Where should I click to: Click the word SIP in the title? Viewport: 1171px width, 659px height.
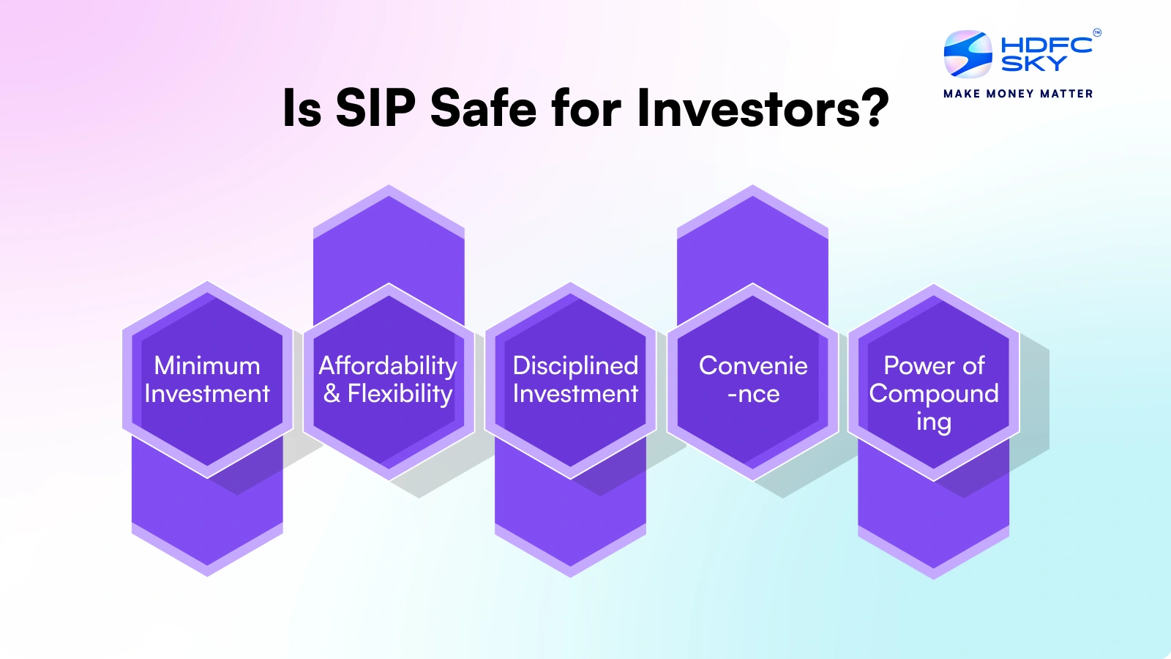[375, 108]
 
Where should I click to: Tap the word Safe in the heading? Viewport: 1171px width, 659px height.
[483, 108]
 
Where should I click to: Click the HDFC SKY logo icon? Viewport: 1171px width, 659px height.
[968, 54]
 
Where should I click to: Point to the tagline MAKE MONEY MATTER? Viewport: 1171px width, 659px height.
[1018, 94]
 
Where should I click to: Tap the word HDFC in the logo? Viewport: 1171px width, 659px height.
[1046, 45]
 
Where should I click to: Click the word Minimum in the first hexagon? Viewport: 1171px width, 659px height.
[207, 365]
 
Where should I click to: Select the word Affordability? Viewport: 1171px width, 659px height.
[388, 365]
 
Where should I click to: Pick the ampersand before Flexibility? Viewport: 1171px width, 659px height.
[332, 394]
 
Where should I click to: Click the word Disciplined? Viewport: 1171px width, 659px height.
[575, 365]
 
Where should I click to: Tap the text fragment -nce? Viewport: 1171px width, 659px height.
[753, 394]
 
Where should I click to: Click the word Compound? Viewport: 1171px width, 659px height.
[933, 394]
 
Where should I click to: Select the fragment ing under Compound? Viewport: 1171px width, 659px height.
[933, 422]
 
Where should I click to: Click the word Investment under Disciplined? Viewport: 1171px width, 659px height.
[575, 394]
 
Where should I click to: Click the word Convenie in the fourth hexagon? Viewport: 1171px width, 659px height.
[753, 365]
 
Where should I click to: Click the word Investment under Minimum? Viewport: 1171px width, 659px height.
[207, 394]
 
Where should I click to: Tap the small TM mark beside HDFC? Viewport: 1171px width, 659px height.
[1096, 32]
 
